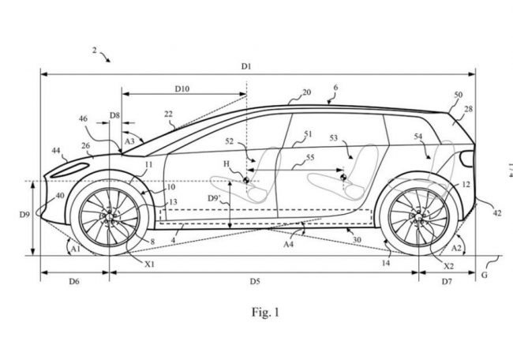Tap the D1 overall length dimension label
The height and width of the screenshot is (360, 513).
[246, 67]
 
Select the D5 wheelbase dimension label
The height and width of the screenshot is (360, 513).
[255, 281]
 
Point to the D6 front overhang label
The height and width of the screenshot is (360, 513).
[73, 281]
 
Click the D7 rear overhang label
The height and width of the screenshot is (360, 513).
[447, 281]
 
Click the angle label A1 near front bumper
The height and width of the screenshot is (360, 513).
[75, 248]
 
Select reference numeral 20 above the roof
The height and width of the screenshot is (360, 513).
[305, 92]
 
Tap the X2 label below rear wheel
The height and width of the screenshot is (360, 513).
[449, 267]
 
